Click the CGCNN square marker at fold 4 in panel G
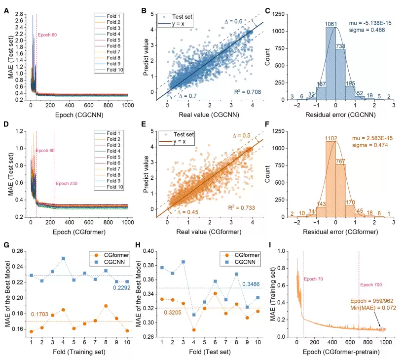click(x=63, y=258)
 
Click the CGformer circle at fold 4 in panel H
click(x=193, y=329)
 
